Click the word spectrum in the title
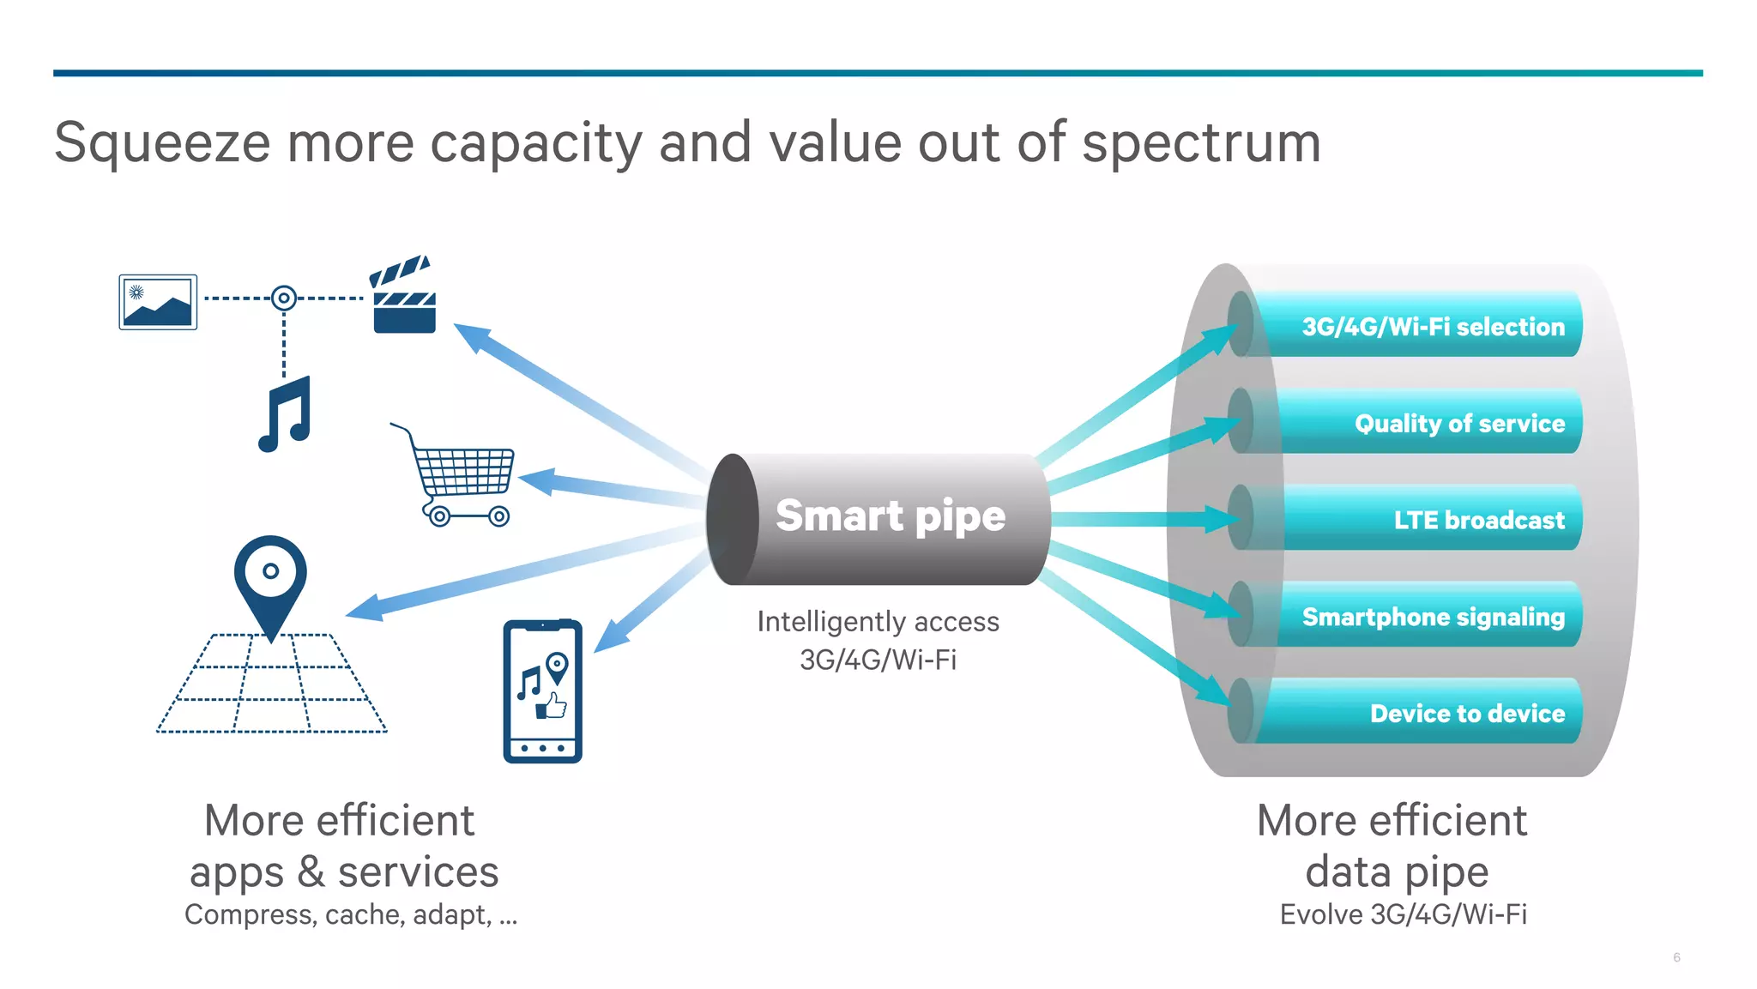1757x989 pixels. [x=1200, y=143]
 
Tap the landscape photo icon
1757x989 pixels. [x=158, y=302]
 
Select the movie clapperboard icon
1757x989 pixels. [x=403, y=296]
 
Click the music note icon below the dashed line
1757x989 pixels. [x=286, y=414]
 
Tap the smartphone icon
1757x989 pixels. [x=542, y=691]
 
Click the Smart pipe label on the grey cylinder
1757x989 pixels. [x=890, y=516]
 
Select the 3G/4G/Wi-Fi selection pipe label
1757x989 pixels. [x=1433, y=327]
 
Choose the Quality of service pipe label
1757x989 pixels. [x=1458, y=424]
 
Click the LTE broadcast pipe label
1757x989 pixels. [x=1478, y=521]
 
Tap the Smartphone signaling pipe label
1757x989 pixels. [x=1433, y=617]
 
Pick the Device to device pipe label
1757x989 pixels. [x=1467, y=714]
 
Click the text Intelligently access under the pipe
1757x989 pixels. [x=878, y=622]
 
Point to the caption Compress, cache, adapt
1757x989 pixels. [x=350, y=915]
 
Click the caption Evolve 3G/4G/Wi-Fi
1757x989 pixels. [x=1403, y=915]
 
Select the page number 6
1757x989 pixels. [x=1676, y=957]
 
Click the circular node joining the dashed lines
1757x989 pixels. [x=284, y=299]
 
